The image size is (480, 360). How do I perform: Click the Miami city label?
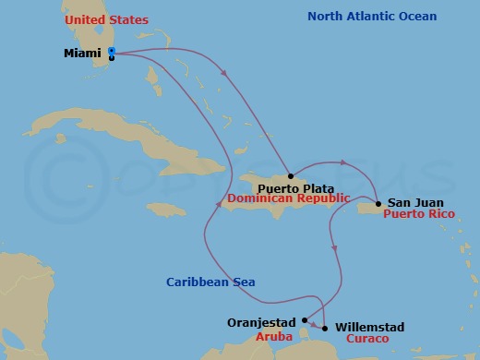(82, 54)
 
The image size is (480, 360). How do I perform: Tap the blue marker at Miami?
(112, 52)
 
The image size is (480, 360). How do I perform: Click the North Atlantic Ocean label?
(372, 17)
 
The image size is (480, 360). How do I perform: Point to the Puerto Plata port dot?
(290, 175)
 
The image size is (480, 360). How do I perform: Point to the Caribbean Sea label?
(210, 282)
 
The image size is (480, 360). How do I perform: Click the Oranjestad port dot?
(304, 321)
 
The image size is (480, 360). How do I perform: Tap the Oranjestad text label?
(261, 323)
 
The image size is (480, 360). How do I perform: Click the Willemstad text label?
(369, 327)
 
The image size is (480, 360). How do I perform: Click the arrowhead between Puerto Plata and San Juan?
(344, 163)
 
